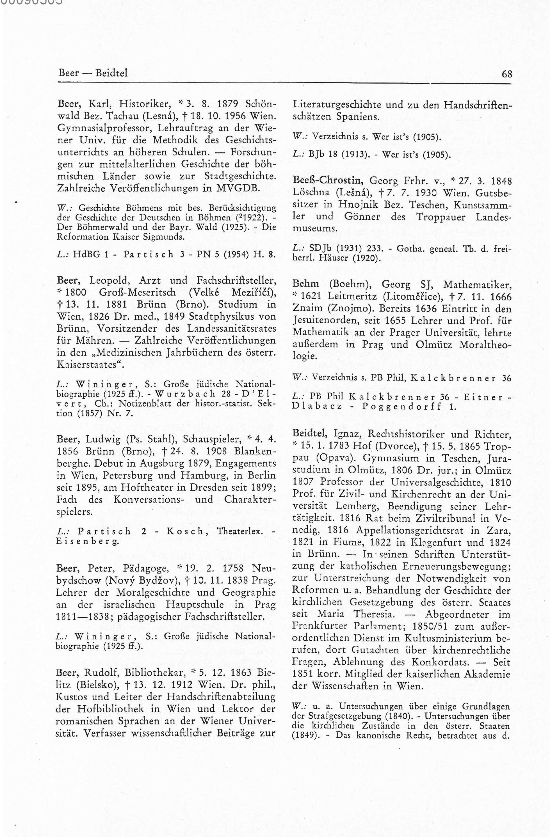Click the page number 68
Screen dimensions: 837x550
click(507, 74)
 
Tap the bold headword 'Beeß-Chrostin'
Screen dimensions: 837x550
click(328, 181)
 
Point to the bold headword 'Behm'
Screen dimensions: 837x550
click(306, 284)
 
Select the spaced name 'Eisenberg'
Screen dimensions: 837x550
click(88, 542)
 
